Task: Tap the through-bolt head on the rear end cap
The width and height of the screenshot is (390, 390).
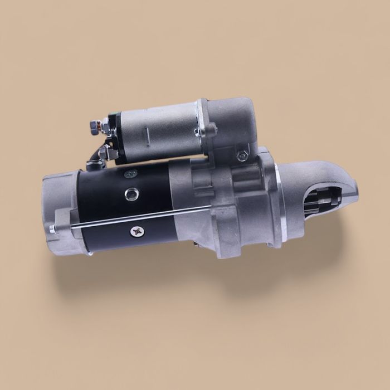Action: (52, 228)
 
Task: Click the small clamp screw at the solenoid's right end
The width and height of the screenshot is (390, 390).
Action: (198, 132)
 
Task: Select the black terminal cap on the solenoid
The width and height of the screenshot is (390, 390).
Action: (113, 125)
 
